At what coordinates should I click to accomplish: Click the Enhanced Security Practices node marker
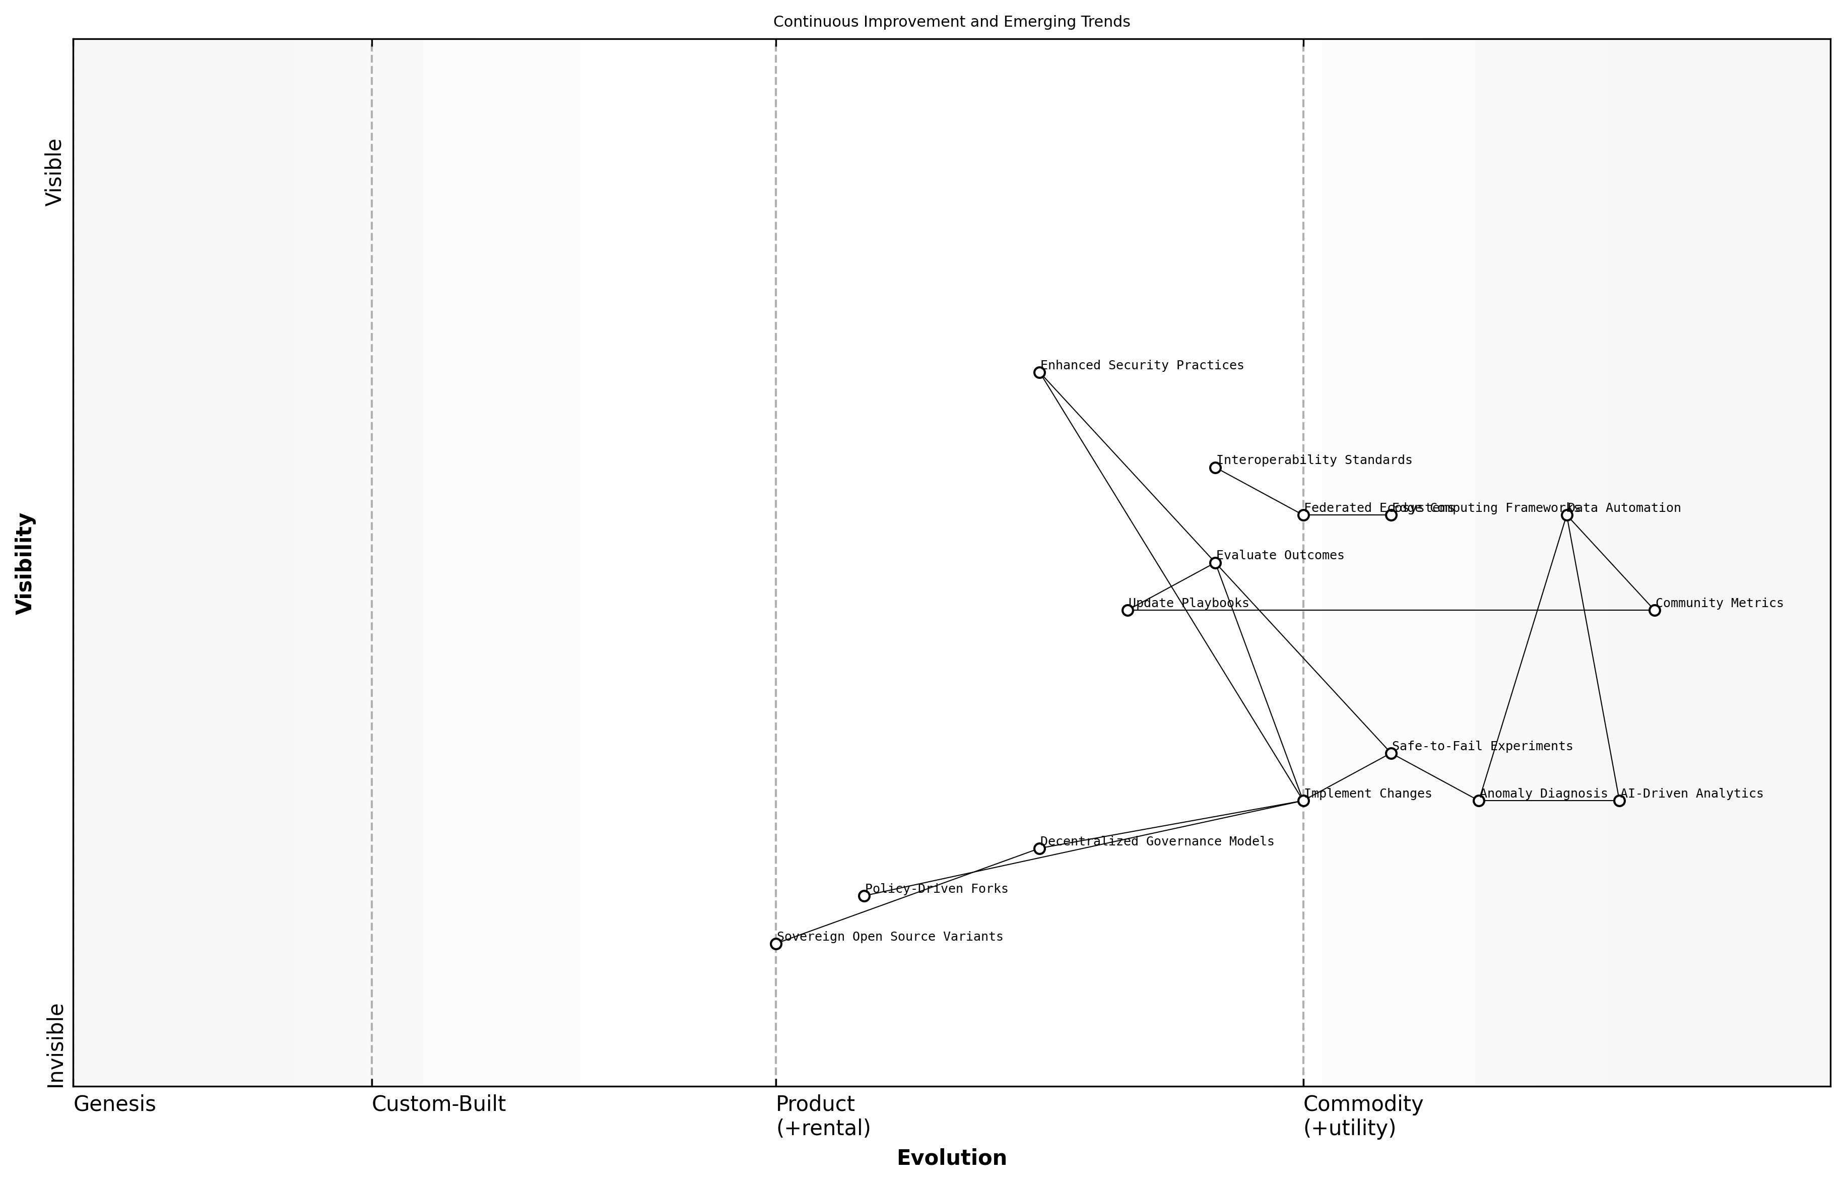point(1039,373)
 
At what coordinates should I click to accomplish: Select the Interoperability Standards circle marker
point(1215,468)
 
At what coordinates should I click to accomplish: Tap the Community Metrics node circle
point(1655,611)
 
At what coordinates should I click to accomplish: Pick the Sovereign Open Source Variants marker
point(776,944)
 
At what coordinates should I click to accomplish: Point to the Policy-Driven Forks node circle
point(864,896)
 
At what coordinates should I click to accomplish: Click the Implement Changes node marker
point(1303,801)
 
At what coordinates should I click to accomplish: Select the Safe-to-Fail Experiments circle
point(1391,753)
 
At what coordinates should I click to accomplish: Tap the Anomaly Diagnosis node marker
point(1478,801)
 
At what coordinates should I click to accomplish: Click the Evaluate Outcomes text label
point(1280,556)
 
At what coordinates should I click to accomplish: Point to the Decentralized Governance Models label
point(1157,842)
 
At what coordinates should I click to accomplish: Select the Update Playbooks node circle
point(1128,611)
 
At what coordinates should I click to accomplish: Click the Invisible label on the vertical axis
point(55,1045)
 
